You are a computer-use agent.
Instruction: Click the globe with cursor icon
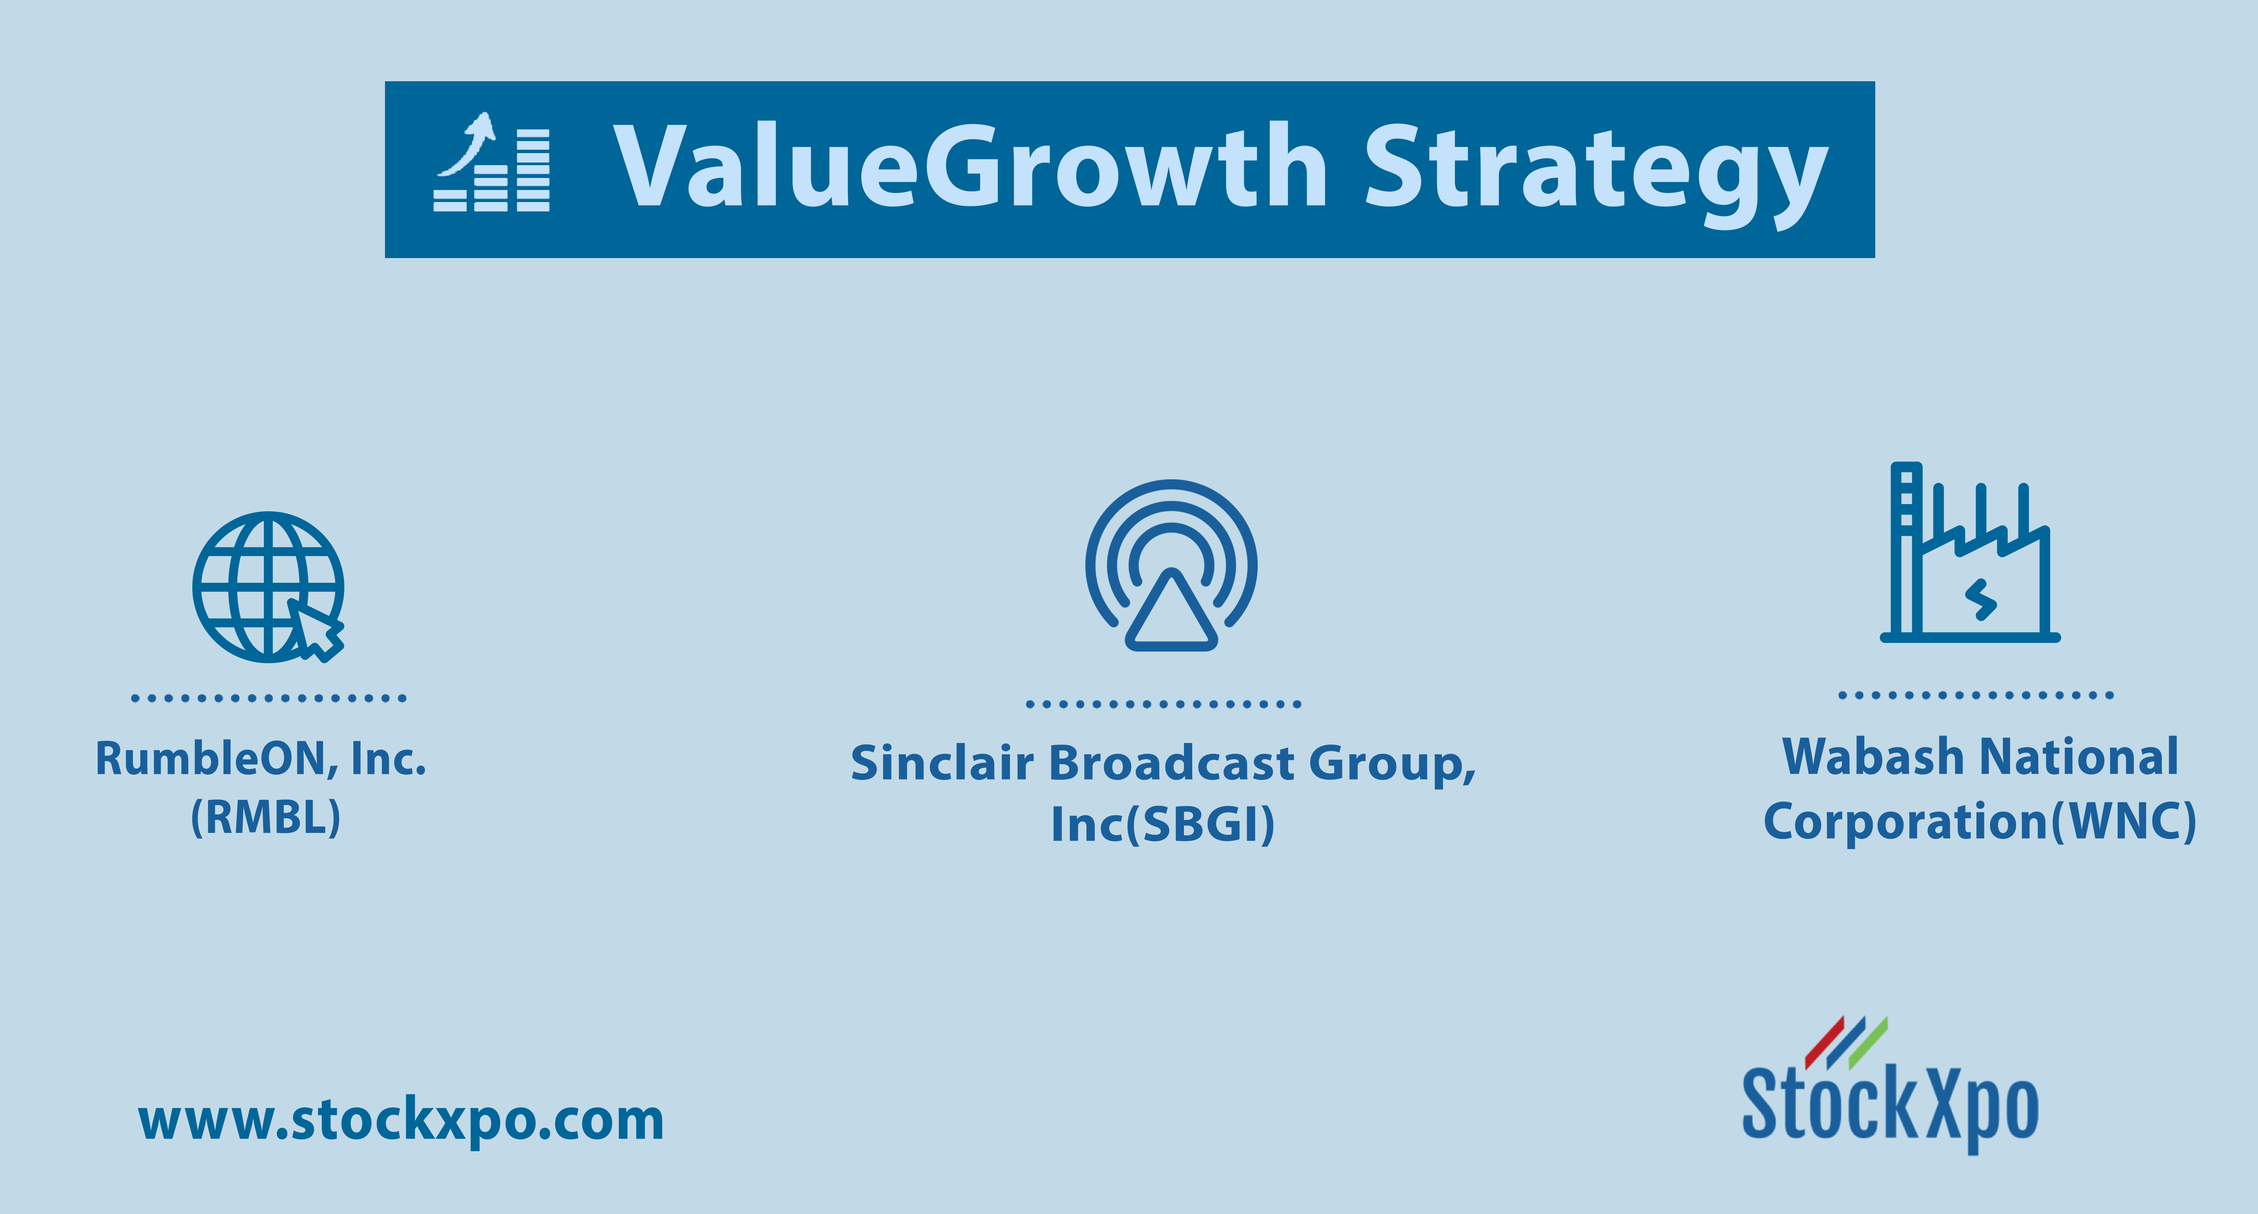pyautogui.click(x=268, y=587)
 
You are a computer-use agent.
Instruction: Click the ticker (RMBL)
pyautogui.click(x=266, y=818)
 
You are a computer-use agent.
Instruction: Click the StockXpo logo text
pyautogui.click(x=1890, y=1106)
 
